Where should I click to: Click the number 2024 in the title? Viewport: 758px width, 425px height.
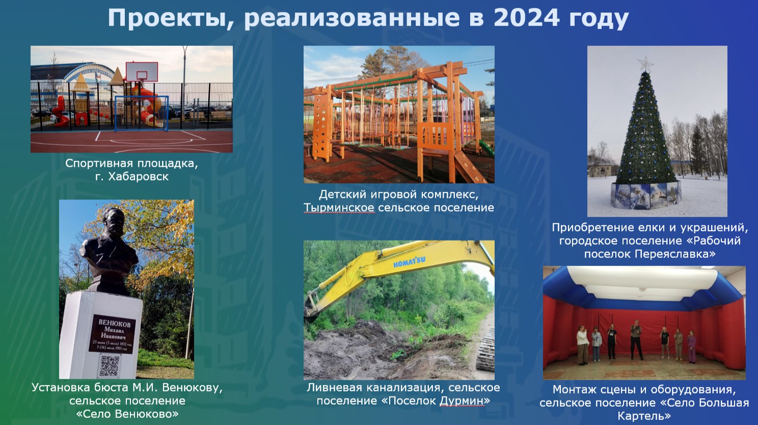[x=526, y=18]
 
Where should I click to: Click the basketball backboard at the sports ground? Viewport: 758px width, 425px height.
[x=142, y=72]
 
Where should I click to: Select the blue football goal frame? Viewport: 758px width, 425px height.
[x=142, y=114]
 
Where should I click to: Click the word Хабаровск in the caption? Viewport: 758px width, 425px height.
[x=138, y=176]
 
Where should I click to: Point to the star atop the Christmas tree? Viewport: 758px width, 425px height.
[x=645, y=64]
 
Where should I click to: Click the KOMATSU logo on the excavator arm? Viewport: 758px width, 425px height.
[x=409, y=261]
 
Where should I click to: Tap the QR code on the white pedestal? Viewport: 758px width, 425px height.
[x=110, y=365]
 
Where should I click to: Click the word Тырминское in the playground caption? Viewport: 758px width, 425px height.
[x=339, y=207]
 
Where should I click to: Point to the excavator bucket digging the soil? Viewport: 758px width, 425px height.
[x=309, y=306]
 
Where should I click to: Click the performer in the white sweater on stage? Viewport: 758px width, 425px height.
[x=582, y=345]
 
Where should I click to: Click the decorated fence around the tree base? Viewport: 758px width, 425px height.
[x=646, y=195]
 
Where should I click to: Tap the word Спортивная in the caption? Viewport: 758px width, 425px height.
[x=99, y=164]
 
